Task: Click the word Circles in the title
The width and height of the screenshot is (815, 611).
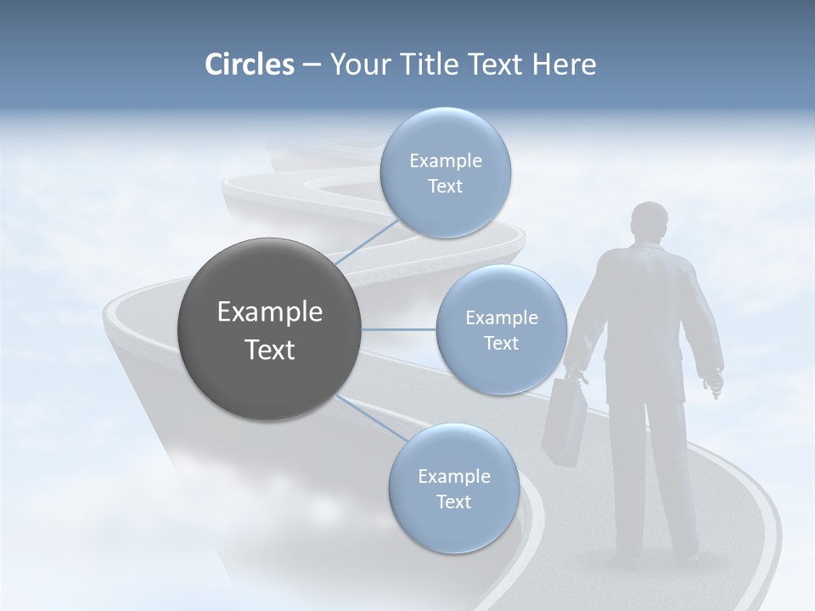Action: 250,64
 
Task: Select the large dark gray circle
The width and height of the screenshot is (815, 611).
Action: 270,329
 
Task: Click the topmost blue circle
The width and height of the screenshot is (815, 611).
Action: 446,172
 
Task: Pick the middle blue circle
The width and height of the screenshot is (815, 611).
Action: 501,329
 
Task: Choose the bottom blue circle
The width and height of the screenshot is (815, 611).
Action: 454,488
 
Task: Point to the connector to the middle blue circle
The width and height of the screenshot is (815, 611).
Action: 399,329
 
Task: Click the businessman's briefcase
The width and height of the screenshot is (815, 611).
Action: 564,421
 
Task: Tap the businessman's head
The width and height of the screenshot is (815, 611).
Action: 650,222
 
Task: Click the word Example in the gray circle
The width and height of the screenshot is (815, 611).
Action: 270,312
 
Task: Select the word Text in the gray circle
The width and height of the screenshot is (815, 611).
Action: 270,350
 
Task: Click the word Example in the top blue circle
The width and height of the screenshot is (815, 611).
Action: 446,161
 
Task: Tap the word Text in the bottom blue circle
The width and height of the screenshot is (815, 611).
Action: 453,502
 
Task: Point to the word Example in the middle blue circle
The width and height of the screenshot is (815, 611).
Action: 502,318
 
